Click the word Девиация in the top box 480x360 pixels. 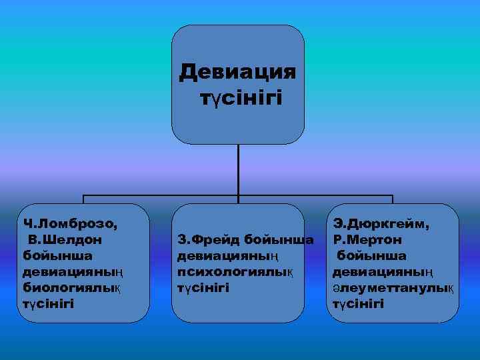pyautogui.click(x=238, y=71)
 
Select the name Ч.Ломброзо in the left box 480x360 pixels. pyautogui.click(x=69, y=223)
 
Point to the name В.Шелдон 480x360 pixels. pyautogui.click(x=65, y=239)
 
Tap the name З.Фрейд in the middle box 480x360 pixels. pyautogui.click(x=207, y=239)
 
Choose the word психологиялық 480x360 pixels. pyautogui.click(x=235, y=271)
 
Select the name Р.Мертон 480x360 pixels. pyautogui.click(x=367, y=239)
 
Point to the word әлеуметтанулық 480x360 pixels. pyautogui.click(x=393, y=287)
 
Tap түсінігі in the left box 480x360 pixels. pyautogui.click(x=48, y=304)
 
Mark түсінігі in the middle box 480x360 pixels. pyautogui.click(x=203, y=287)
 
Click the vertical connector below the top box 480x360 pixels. pyautogui.click(x=238, y=170)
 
